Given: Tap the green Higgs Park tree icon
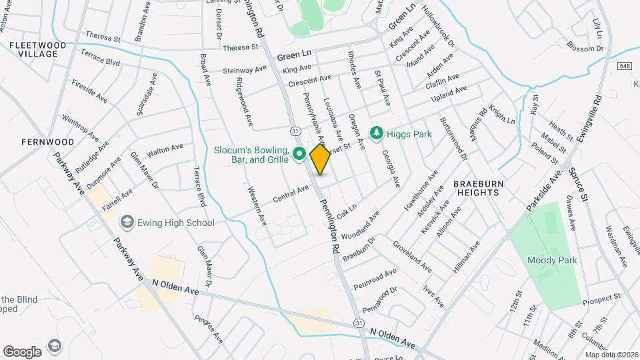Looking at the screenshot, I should (x=377, y=134).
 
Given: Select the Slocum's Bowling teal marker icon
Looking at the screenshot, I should (x=299, y=155).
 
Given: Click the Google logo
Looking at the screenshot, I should (x=22, y=351).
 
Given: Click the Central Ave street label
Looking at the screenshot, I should (x=291, y=194).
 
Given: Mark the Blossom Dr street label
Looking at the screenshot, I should (x=585, y=48).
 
